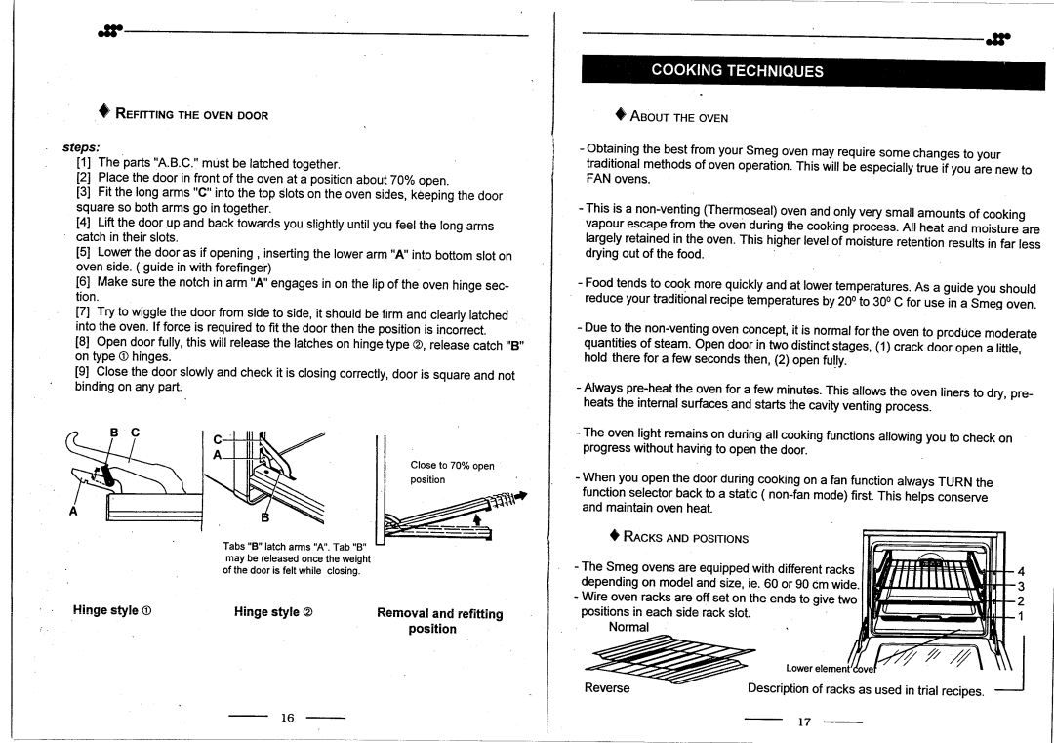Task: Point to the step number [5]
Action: point(84,253)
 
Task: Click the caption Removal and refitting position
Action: point(439,621)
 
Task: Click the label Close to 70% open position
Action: point(452,473)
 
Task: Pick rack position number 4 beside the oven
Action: point(1020,572)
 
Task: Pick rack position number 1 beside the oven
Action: point(1020,617)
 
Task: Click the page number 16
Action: point(287,718)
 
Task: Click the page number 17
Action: point(804,723)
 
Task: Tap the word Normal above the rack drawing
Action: point(628,627)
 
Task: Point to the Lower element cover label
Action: point(827,668)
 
